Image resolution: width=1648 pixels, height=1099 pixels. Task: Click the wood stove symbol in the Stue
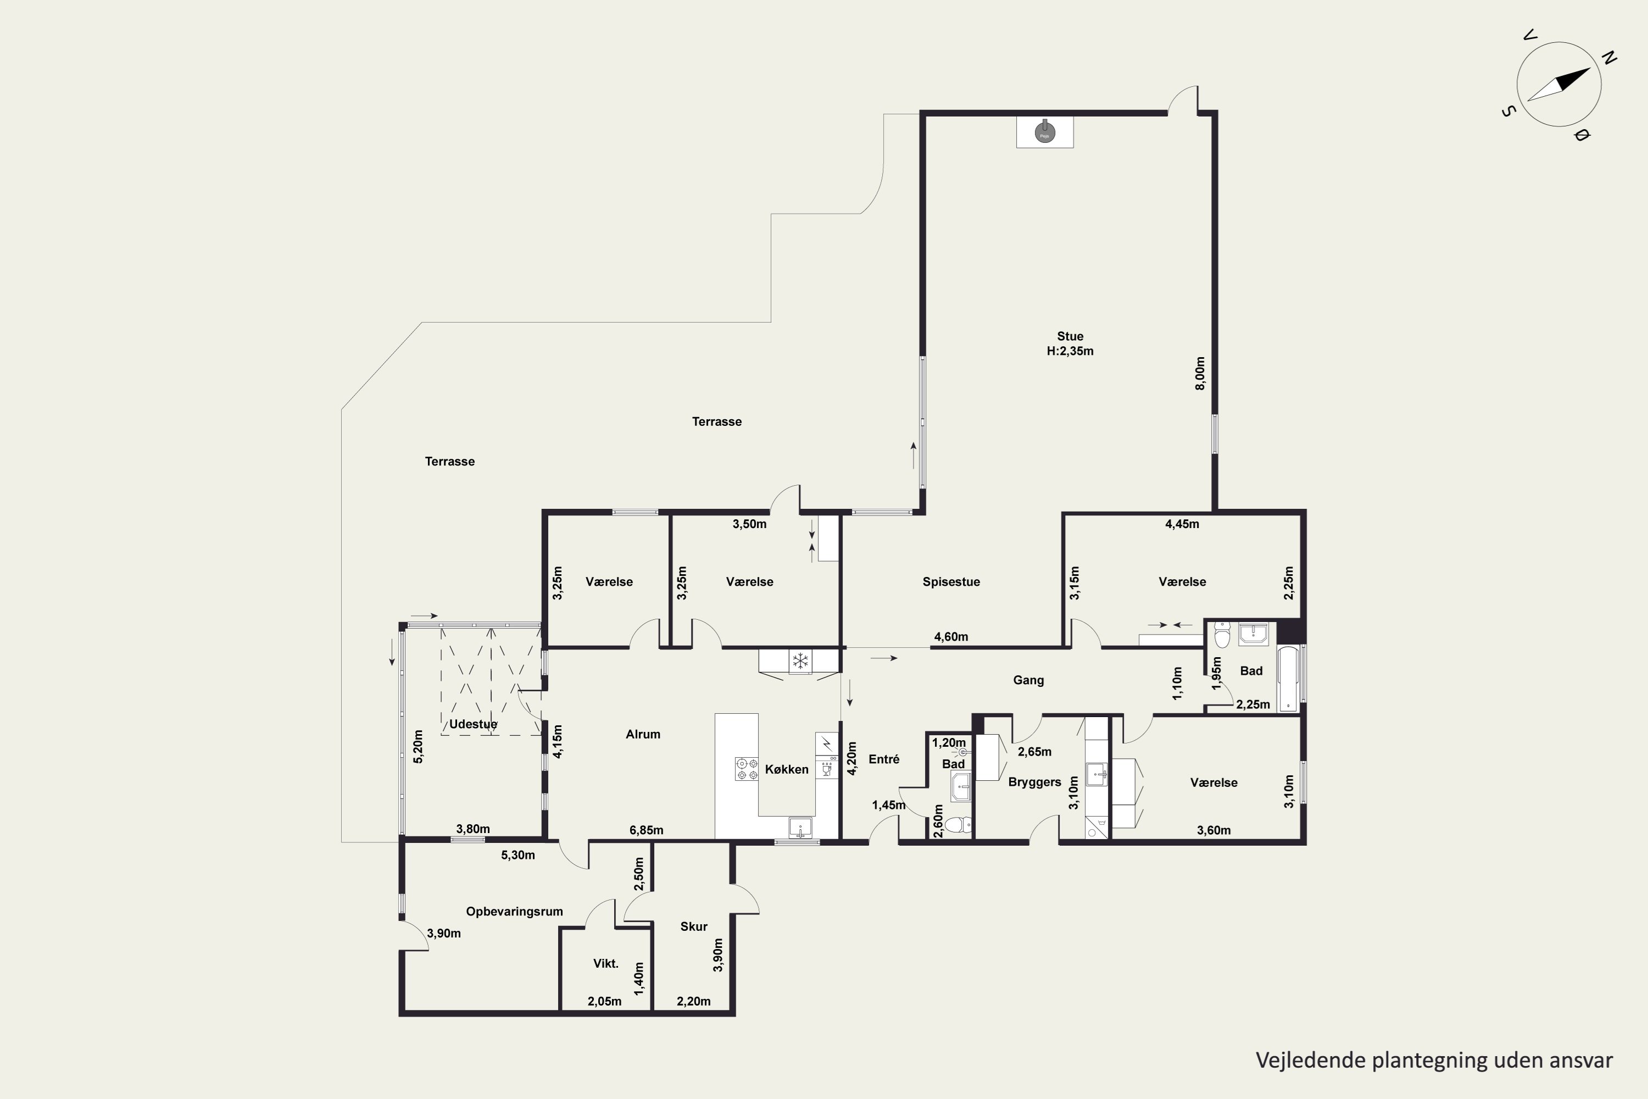tap(1045, 131)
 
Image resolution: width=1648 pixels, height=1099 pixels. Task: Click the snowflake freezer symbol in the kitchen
tap(800, 660)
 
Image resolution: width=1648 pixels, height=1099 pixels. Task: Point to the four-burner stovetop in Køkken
tap(746, 769)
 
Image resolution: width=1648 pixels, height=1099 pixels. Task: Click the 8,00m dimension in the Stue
tap(1200, 374)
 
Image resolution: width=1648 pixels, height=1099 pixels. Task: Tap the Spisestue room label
tap(951, 582)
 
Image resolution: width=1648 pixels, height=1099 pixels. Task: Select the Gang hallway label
tap(1028, 680)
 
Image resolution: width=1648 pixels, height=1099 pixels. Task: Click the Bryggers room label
tap(1034, 782)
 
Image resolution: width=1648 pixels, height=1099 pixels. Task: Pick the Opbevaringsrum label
tap(514, 911)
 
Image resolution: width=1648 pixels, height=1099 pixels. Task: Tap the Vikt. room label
tap(605, 964)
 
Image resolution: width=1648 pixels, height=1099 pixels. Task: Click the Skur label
tap(694, 926)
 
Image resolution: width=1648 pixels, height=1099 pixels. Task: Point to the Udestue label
tap(473, 724)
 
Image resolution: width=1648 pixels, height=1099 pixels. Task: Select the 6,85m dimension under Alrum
tap(646, 830)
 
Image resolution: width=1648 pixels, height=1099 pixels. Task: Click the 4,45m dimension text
tap(1182, 524)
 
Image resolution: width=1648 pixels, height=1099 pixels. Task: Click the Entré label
tap(883, 759)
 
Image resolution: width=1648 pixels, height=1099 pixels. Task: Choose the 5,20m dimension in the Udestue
tap(418, 746)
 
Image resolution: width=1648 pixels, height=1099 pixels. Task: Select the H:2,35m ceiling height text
tap(1070, 351)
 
